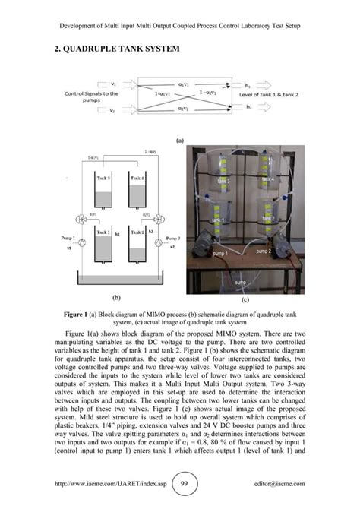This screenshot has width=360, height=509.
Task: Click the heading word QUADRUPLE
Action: pos(78,49)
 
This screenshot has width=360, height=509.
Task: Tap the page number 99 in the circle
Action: pos(180,483)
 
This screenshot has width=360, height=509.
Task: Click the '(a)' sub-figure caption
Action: pos(180,141)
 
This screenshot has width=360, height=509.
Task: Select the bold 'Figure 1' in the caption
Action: pos(77,314)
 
